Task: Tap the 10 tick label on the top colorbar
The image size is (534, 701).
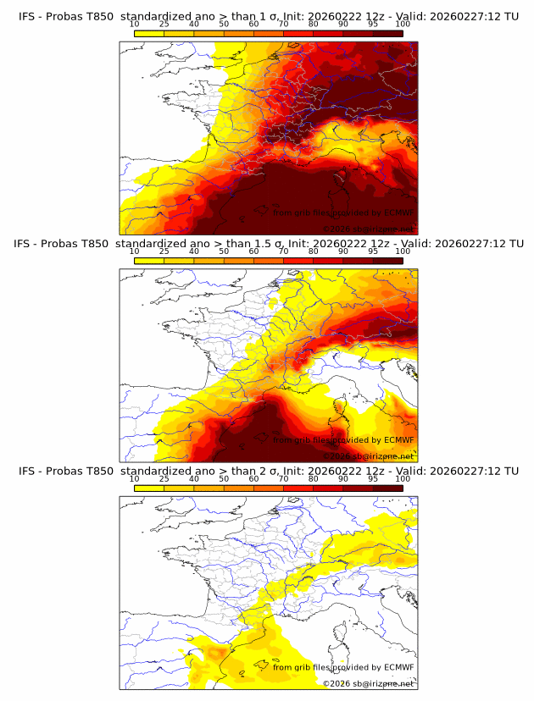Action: coord(135,25)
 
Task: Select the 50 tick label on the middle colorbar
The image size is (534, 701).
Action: coord(224,251)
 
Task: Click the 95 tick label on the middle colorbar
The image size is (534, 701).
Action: coord(373,251)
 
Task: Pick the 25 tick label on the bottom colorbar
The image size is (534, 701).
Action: coord(164,478)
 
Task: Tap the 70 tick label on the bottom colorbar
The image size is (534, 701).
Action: coord(284,478)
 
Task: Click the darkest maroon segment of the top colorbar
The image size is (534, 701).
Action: coord(388,34)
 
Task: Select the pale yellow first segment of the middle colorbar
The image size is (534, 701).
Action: coord(149,261)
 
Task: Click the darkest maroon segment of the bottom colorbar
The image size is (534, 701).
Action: coord(388,488)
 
